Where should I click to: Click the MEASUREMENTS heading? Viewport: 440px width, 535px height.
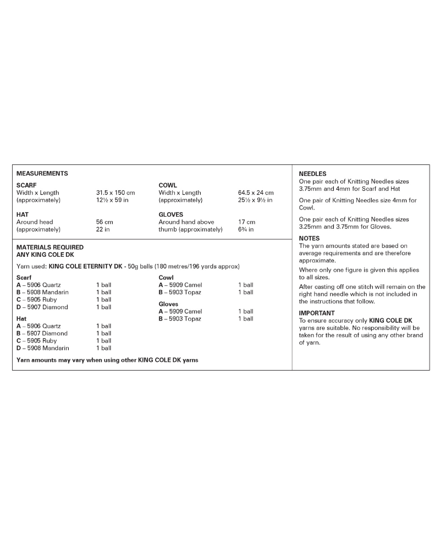[x=42, y=174]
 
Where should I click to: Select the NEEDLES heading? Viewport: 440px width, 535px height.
[x=312, y=174]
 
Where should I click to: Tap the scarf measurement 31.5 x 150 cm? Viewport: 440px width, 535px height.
[x=116, y=193]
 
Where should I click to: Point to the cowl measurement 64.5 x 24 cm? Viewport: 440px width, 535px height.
[x=256, y=193]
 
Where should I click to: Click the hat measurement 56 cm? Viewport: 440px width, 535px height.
[x=105, y=222]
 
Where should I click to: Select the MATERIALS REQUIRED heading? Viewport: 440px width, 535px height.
[x=50, y=247]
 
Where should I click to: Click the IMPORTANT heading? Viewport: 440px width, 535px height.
[x=317, y=313]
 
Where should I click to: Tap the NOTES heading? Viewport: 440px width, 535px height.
[x=309, y=238]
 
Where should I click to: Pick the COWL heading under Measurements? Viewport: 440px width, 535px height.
[x=168, y=185]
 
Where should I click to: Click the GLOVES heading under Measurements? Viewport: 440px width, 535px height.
[x=171, y=214]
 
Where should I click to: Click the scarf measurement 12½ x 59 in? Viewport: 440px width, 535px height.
[x=112, y=200]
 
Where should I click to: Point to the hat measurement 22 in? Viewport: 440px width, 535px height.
[x=103, y=229]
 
